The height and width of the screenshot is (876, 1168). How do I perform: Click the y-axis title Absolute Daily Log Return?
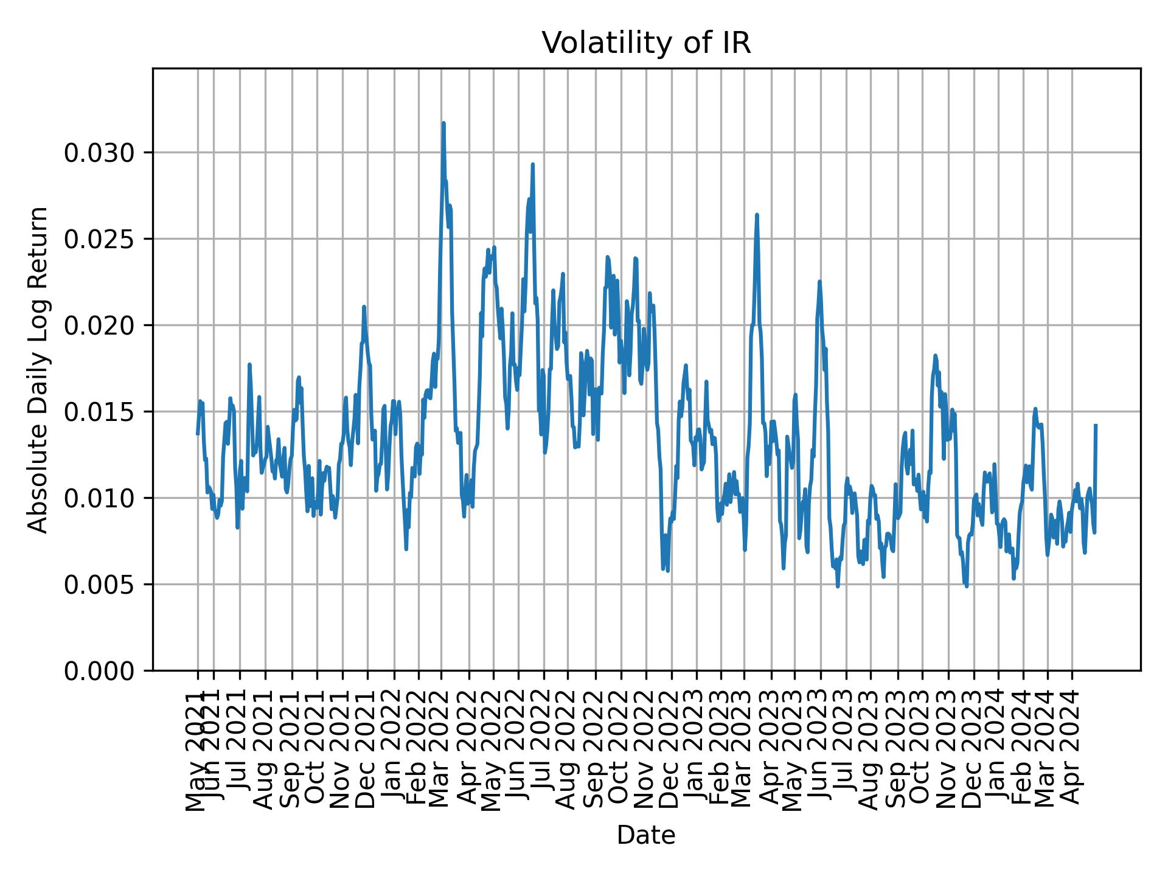[39, 369]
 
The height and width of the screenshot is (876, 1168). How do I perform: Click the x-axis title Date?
[646, 835]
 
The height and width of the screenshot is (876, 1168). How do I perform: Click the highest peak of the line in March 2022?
[443, 123]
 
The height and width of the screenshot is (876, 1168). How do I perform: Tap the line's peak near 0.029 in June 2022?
[532, 164]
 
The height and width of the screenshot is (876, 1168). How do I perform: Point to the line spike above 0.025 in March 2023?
[757, 215]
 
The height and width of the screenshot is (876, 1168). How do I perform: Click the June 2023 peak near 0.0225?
[819, 282]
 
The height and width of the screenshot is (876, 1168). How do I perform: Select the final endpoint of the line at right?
[1096, 425]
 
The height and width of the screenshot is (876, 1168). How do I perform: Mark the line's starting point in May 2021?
[197, 434]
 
